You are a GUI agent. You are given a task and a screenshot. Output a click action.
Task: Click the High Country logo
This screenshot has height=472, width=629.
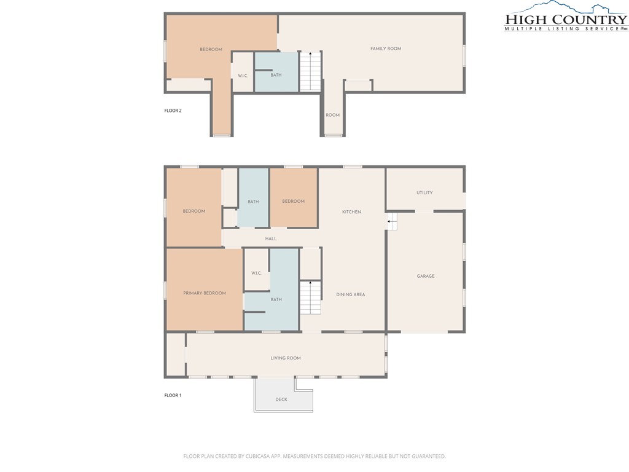tap(566, 17)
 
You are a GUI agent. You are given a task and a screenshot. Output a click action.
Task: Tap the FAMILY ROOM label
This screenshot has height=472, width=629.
tap(386, 49)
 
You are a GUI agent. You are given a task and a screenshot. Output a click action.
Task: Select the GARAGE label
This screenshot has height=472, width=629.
tap(426, 276)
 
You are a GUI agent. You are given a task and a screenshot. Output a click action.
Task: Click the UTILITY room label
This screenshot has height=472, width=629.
tap(424, 192)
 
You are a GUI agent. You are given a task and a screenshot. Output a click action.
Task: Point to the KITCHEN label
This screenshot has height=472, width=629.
tap(351, 212)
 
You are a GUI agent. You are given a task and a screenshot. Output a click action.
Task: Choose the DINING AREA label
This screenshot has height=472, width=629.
tap(351, 294)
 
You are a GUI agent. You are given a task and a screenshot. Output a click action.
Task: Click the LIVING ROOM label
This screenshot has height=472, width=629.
tap(286, 358)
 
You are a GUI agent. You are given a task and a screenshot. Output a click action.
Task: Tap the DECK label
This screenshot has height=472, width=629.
tap(281, 399)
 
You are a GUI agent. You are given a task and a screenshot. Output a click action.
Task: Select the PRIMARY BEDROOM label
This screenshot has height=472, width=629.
tap(205, 293)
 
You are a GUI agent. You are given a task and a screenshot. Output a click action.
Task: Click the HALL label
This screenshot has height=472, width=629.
tap(271, 239)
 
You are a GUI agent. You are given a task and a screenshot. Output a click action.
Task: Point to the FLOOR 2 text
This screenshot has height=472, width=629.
tap(173, 111)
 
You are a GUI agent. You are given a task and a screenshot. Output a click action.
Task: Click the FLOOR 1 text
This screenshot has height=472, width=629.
tap(173, 395)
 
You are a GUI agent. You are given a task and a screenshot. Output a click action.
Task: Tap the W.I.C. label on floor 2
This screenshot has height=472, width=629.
tap(243, 76)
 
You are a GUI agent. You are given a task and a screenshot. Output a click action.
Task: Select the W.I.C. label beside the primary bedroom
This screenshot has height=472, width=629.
tap(256, 273)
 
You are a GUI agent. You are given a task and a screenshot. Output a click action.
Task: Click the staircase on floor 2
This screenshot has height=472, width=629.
tap(310, 71)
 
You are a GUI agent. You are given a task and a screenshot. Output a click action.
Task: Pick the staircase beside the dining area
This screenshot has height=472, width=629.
tap(310, 298)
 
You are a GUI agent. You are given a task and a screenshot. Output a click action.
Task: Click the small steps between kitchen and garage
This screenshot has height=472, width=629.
tap(392, 221)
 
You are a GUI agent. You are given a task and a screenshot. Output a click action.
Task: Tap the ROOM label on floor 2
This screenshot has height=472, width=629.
tap(332, 115)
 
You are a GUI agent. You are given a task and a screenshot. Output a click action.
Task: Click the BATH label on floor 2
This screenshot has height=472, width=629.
tap(276, 75)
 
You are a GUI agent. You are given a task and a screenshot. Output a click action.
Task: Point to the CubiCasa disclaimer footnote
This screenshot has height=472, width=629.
tap(314, 457)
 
